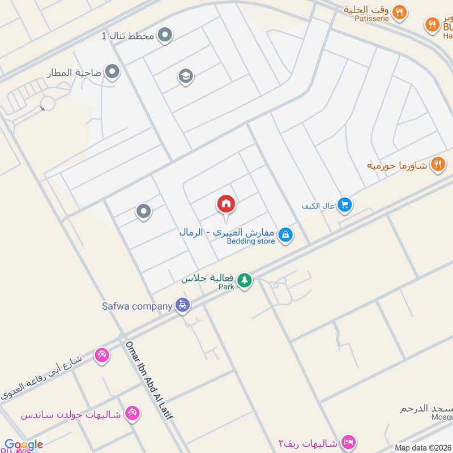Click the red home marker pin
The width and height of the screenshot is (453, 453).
pos(226,204)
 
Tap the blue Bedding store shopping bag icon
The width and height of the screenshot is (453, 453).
pos(286,234)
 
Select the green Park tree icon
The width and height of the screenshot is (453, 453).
pos(244,280)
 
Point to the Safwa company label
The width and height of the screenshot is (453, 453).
pos(136,306)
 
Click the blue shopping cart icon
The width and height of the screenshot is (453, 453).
pos(344,205)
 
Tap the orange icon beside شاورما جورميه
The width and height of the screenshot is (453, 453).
pos(437,165)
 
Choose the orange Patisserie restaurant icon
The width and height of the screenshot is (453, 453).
pos(400,12)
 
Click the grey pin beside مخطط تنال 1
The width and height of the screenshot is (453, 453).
pos(165,36)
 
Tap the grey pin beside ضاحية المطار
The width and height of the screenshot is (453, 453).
pos(113,72)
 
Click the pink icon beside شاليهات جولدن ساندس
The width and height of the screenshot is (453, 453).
pos(132,413)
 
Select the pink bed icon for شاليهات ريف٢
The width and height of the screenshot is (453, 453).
pos(349,442)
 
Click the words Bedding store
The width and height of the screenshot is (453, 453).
pos(251,241)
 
